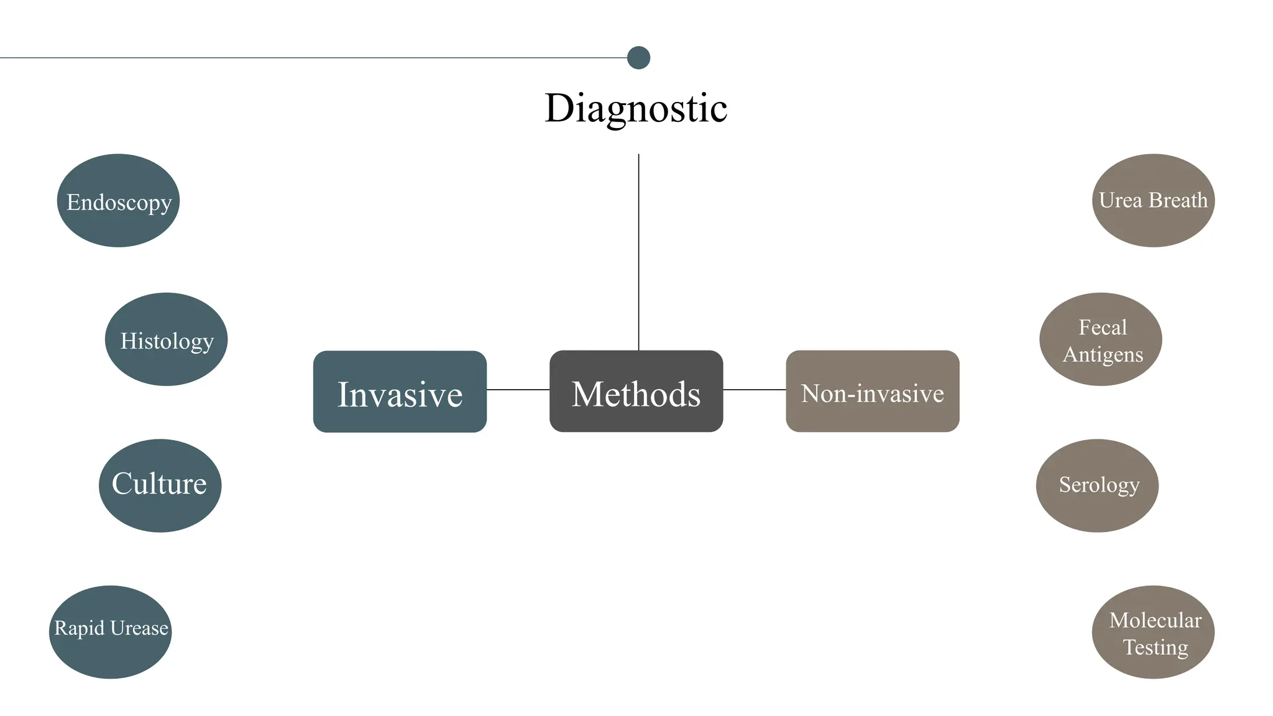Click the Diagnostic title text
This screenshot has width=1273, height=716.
point(636,108)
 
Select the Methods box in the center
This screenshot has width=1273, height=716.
point(636,392)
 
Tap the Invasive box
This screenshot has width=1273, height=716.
point(400,392)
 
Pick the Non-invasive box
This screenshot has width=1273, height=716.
point(872,392)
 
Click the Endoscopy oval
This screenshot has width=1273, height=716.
point(118,201)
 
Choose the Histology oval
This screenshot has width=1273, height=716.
point(166,339)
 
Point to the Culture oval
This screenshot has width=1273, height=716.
point(160,485)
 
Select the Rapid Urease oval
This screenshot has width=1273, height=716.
point(110,631)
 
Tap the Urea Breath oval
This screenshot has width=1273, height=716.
point(1153,201)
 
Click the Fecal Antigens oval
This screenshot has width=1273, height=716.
point(1100,339)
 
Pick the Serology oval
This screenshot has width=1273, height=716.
point(1097,485)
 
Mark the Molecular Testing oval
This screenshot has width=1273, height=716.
point(1153,631)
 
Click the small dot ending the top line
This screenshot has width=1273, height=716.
point(638,58)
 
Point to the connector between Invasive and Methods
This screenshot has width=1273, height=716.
point(518,390)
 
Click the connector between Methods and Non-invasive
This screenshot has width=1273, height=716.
point(754,390)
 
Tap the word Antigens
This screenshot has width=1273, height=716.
point(1103,354)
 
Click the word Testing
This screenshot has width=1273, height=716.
point(1155,647)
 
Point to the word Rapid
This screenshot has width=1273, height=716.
point(79,628)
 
